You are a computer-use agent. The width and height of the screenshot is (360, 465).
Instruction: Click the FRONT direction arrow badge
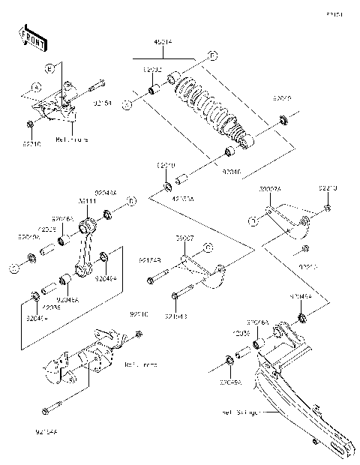(x=30, y=37)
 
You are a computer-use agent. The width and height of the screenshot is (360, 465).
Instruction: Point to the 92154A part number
(x=46, y=432)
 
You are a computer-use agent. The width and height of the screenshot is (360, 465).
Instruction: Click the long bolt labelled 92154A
(x=59, y=406)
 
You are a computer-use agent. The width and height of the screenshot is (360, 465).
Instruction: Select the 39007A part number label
(x=270, y=190)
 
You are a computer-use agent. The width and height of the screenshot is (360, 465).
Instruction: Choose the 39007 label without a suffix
(x=185, y=237)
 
